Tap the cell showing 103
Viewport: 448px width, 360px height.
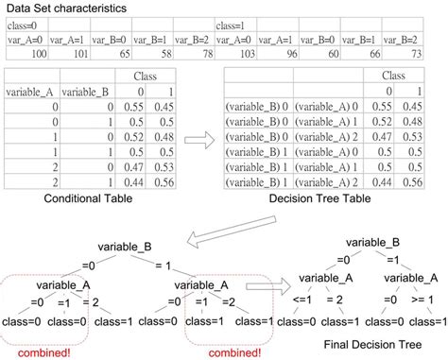click(x=243, y=55)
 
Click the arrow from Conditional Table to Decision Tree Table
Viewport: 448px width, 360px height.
click(x=196, y=141)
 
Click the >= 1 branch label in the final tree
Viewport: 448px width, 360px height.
click(x=421, y=302)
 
